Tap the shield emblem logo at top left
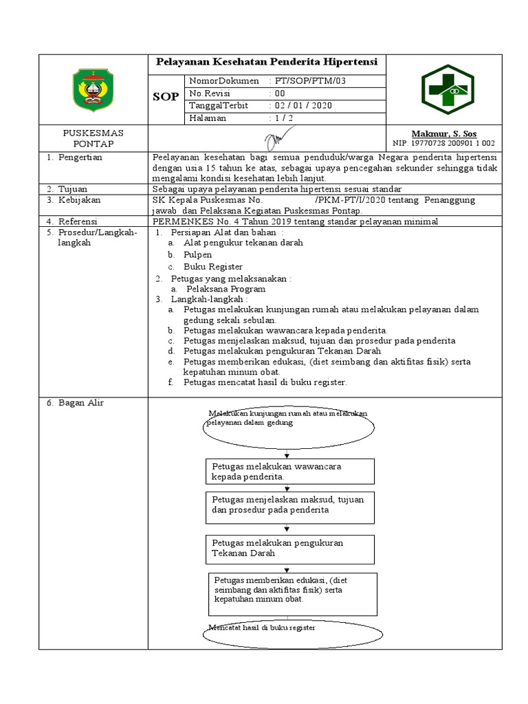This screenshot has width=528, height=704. pos(94,89)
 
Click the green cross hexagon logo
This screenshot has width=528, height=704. pos(445,89)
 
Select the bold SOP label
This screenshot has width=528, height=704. pos(166,97)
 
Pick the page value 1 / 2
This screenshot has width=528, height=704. pos(283,118)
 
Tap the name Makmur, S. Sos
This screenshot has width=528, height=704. pos(443,133)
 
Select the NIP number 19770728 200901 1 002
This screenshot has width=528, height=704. pos(443,144)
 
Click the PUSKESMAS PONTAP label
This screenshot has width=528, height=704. pos(93,138)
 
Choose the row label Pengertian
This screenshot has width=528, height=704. pos(79,157)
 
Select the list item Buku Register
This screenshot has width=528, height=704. pos(212,266)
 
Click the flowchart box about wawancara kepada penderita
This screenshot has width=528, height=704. pos(289,471)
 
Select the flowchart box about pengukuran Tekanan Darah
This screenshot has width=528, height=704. pos(289,548)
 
